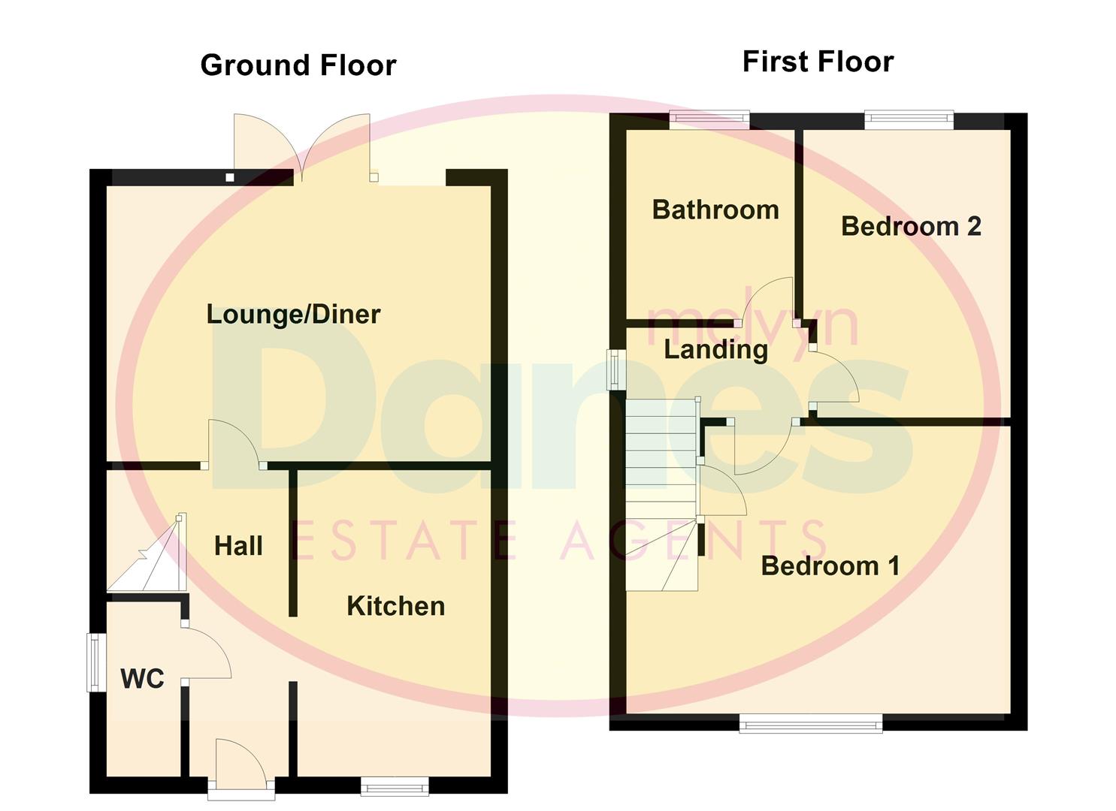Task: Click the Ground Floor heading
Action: (298, 65)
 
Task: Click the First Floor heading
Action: (818, 62)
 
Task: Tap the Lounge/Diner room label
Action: (293, 314)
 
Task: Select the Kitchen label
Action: (395, 606)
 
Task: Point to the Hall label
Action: (238, 546)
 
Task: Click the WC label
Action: (142, 679)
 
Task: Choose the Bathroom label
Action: (715, 210)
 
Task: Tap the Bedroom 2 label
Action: (911, 226)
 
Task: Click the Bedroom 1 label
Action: (830, 565)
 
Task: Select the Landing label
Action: (715, 349)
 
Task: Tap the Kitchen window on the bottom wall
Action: (395, 786)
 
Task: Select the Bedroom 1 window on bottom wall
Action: (811, 724)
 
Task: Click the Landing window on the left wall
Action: (616, 369)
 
